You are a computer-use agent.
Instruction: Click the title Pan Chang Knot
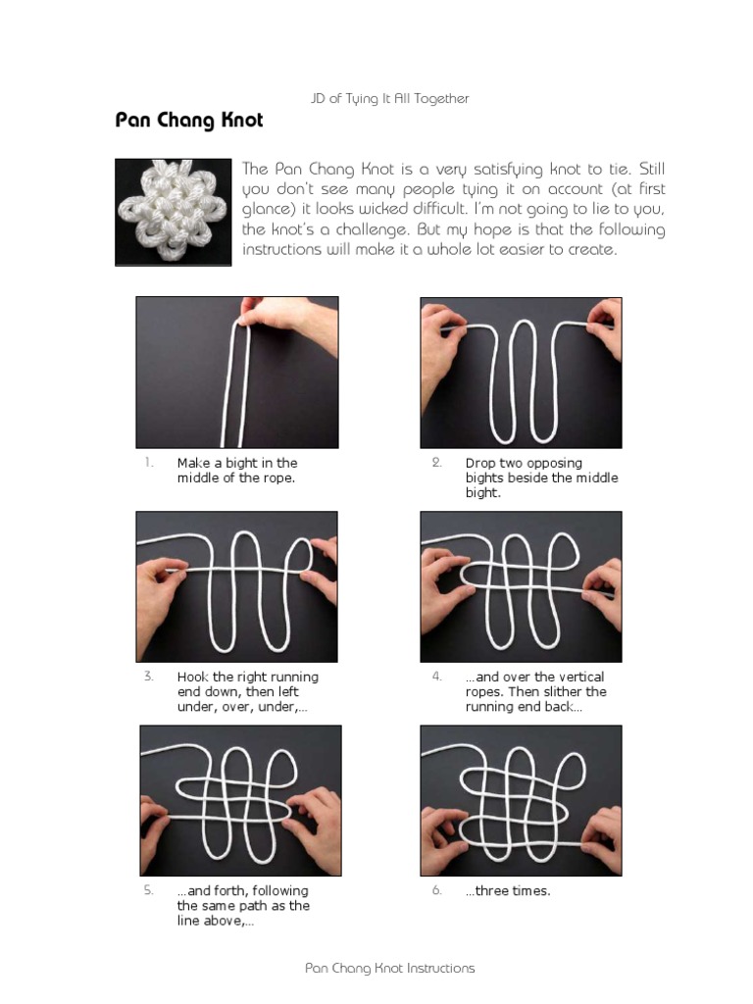[x=189, y=121]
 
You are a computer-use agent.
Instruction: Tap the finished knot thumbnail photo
[x=173, y=212]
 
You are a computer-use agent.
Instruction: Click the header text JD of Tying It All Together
[x=390, y=99]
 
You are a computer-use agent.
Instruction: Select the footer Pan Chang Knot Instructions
[x=390, y=968]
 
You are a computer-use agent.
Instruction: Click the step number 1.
[x=149, y=463]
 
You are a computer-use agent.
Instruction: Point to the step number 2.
[x=436, y=463]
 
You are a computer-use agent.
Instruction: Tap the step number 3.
[x=149, y=677]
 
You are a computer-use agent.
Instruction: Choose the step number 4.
[x=436, y=677]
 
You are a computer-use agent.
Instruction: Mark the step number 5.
[x=149, y=890]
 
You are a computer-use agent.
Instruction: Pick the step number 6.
[x=436, y=890]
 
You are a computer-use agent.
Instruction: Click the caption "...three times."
[x=508, y=890]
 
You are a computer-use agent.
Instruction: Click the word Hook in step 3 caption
[x=193, y=677]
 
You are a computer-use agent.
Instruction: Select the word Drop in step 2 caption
[x=479, y=463]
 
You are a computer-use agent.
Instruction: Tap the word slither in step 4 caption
[x=561, y=691]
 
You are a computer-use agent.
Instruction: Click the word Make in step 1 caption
[x=193, y=463]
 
